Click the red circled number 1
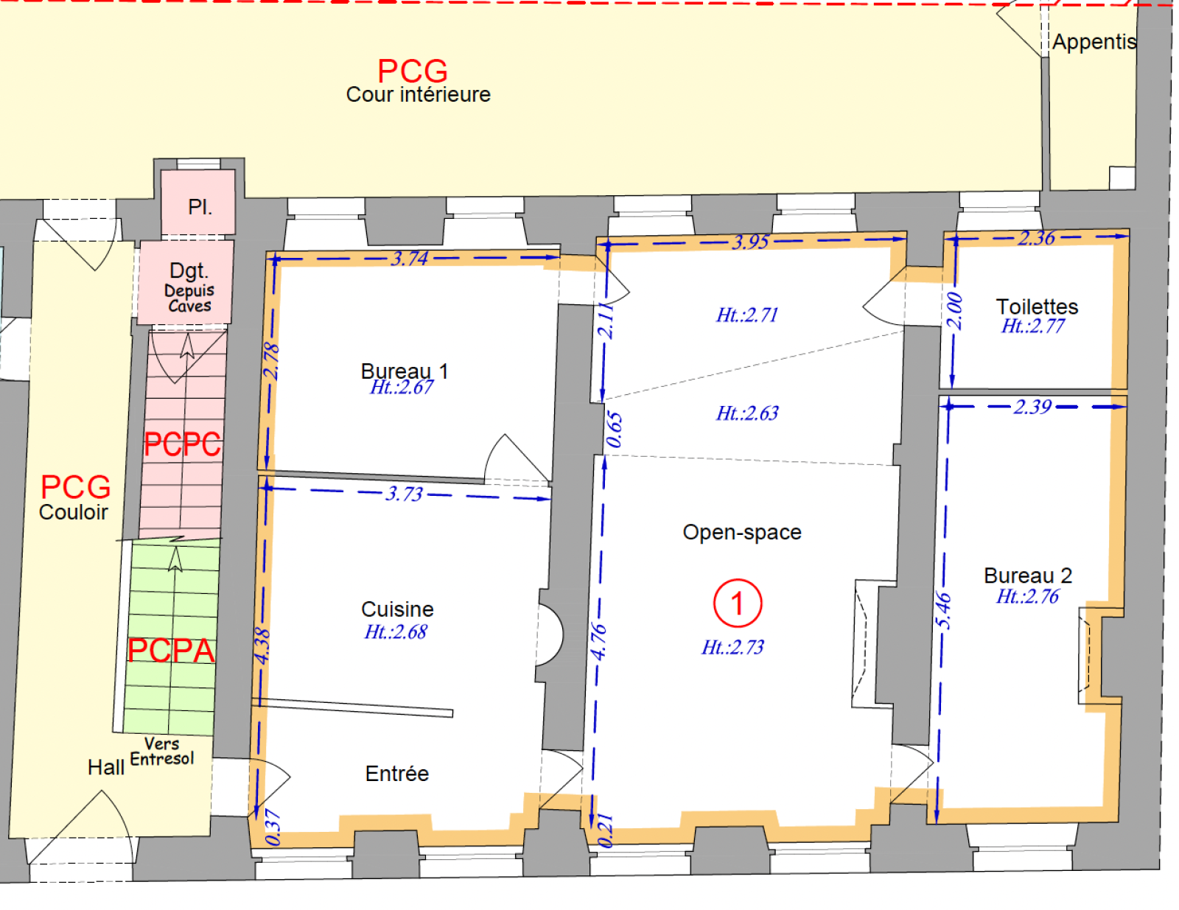coord(738,603)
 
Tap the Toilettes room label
coord(1037,307)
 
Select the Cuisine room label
coord(397,609)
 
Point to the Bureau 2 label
coord(1028,575)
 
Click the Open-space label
coord(742,533)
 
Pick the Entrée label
coord(396,774)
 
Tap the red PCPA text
coord(171,651)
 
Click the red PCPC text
coord(182,445)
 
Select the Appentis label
coord(1094,42)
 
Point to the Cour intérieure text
coord(419,95)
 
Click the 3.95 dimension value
coord(751,242)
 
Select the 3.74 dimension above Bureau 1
coord(410,259)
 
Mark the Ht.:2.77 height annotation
coord(1033,326)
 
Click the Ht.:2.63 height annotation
coord(747,414)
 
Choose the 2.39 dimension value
coord(1033,407)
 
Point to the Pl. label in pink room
coord(200,207)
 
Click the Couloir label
coord(73,513)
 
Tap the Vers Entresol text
coord(162,751)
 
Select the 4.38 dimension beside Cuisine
coord(262,646)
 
